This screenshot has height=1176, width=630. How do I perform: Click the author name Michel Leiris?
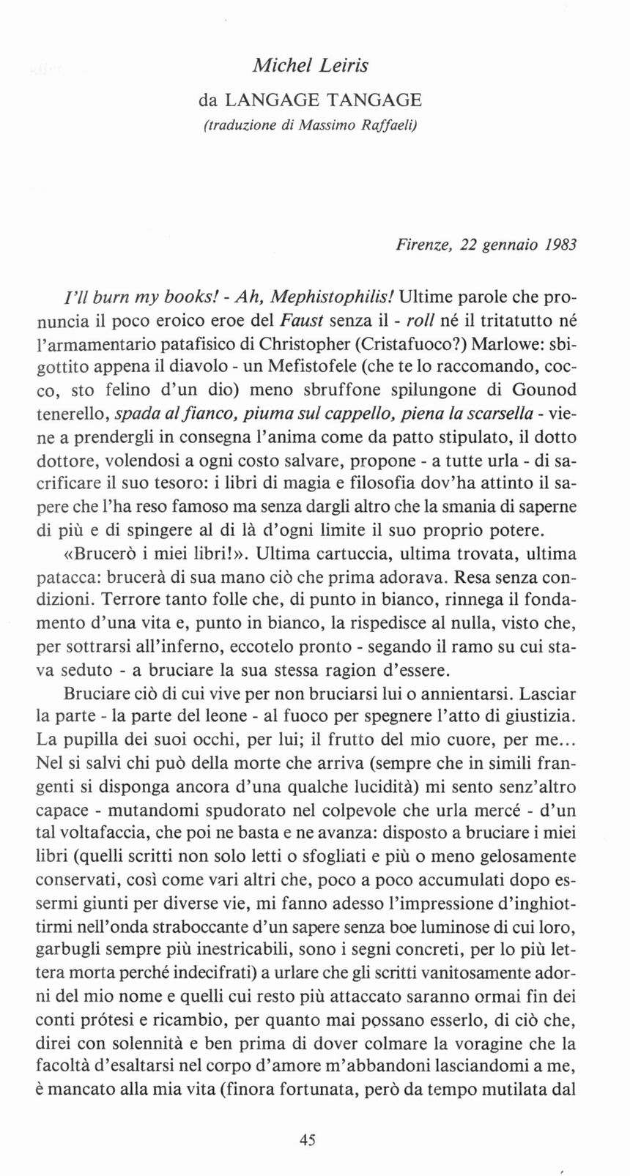pos(310,65)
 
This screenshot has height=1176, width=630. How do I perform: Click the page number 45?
pos(307,1139)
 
